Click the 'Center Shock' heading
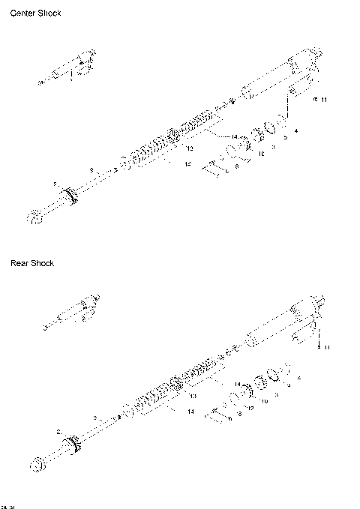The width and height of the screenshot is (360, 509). [x=35, y=13]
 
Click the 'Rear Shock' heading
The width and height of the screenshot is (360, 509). [x=31, y=263]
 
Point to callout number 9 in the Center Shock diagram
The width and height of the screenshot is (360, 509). [x=91, y=170]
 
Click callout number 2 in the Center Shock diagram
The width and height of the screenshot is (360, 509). [x=55, y=184]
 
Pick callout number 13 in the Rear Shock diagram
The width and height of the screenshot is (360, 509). [x=193, y=395]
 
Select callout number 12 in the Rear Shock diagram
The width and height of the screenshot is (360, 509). [x=251, y=408]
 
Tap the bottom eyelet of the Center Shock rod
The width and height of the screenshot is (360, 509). [x=35, y=217]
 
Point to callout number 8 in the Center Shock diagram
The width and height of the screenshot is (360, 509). [x=236, y=166]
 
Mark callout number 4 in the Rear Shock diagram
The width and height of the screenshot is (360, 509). [x=299, y=379]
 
